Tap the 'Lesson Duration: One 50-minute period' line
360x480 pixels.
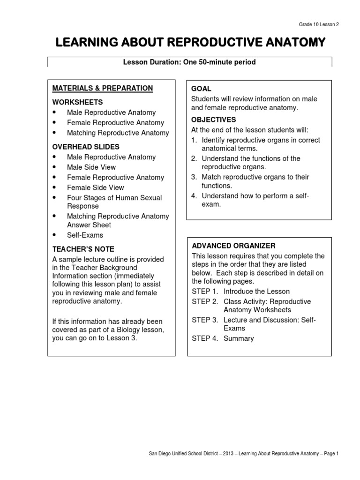tap(189, 62)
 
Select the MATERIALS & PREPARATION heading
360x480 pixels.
tap(102, 88)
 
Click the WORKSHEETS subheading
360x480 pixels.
tap(77, 102)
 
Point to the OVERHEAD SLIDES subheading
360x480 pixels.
tap(86, 147)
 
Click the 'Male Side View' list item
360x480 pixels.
tap(91, 167)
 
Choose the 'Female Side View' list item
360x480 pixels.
tap(95, 187)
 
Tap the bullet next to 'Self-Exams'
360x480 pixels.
tap(55, 235)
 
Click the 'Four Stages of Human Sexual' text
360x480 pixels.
tap(114, 198)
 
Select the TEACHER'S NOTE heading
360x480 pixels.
tap(83, 249)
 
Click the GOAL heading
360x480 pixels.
tap(201, 89)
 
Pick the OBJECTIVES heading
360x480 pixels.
tap(213, 120)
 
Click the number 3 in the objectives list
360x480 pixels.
tap(194, 177)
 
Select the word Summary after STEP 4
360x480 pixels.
tap(239, 338)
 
